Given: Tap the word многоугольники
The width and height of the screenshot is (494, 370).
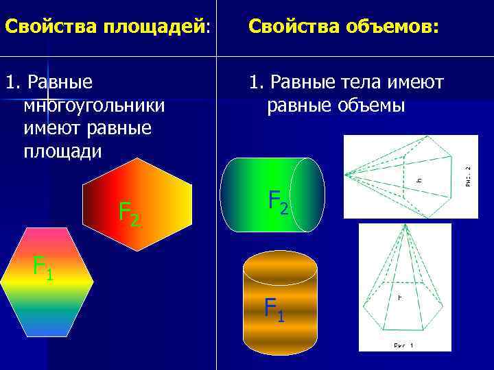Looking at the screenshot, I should coord(94,106).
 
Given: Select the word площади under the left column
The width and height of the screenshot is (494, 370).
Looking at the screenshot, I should coord(62,151).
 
